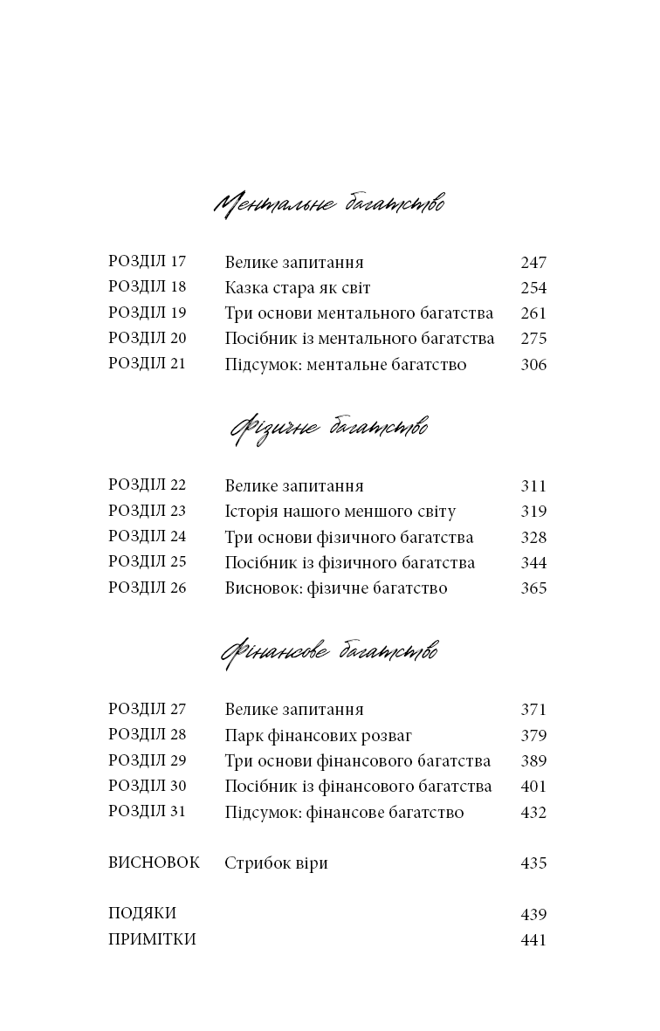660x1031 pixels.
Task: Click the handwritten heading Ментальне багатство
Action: (329, 204)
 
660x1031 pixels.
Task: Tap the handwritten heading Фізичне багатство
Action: (329, 429)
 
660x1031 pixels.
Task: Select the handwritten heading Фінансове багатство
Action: (329, 652)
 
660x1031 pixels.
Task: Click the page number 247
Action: (533, 263)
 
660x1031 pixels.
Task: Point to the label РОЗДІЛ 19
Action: (148, 313)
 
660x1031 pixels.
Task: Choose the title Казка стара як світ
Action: (299, 288)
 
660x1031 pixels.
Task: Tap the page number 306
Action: (533, 365)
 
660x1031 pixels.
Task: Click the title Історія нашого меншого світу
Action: (340, 512)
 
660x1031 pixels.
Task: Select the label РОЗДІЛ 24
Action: (148, 537)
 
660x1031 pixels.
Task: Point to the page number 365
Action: (533, 588)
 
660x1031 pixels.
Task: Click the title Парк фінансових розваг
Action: (319, 736)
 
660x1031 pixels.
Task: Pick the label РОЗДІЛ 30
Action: (148, 787)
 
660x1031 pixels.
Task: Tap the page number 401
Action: (533, 787)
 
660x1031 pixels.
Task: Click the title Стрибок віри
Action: (277, 863)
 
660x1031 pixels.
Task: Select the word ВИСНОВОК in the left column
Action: (154, 863)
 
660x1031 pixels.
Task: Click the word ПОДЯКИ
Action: (142, 914)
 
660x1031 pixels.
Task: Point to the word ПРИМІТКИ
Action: (152, 940)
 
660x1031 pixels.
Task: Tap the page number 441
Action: (533, 940)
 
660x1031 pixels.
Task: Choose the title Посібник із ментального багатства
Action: (360, 339)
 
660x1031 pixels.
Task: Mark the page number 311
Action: (533, 486)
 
